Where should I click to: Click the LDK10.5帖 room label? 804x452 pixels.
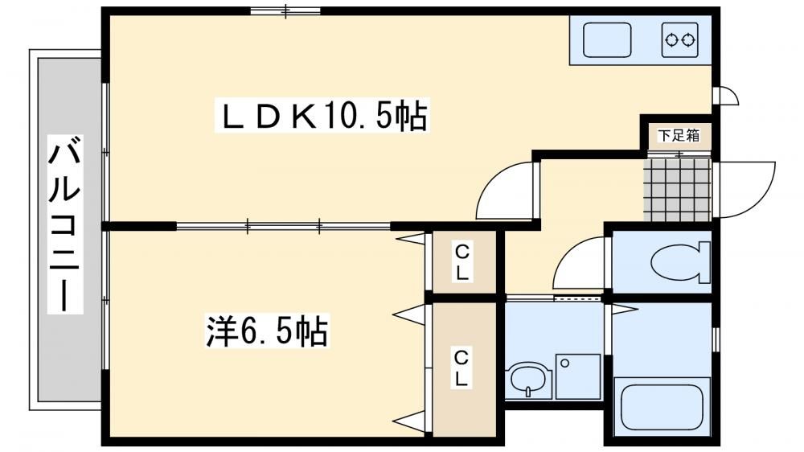322,117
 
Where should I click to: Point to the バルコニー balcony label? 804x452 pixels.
65,224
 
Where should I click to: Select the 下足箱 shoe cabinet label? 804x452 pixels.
679,135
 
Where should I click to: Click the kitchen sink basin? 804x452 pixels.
608,39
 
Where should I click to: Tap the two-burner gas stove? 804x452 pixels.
680,39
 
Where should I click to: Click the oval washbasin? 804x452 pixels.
528,380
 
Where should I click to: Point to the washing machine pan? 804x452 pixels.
578,376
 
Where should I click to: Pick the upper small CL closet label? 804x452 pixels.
462,262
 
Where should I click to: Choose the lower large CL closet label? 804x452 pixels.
461,368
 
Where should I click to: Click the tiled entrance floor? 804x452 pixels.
678,190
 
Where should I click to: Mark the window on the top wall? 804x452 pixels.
285,10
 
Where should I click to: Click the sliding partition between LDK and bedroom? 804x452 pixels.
284,226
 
